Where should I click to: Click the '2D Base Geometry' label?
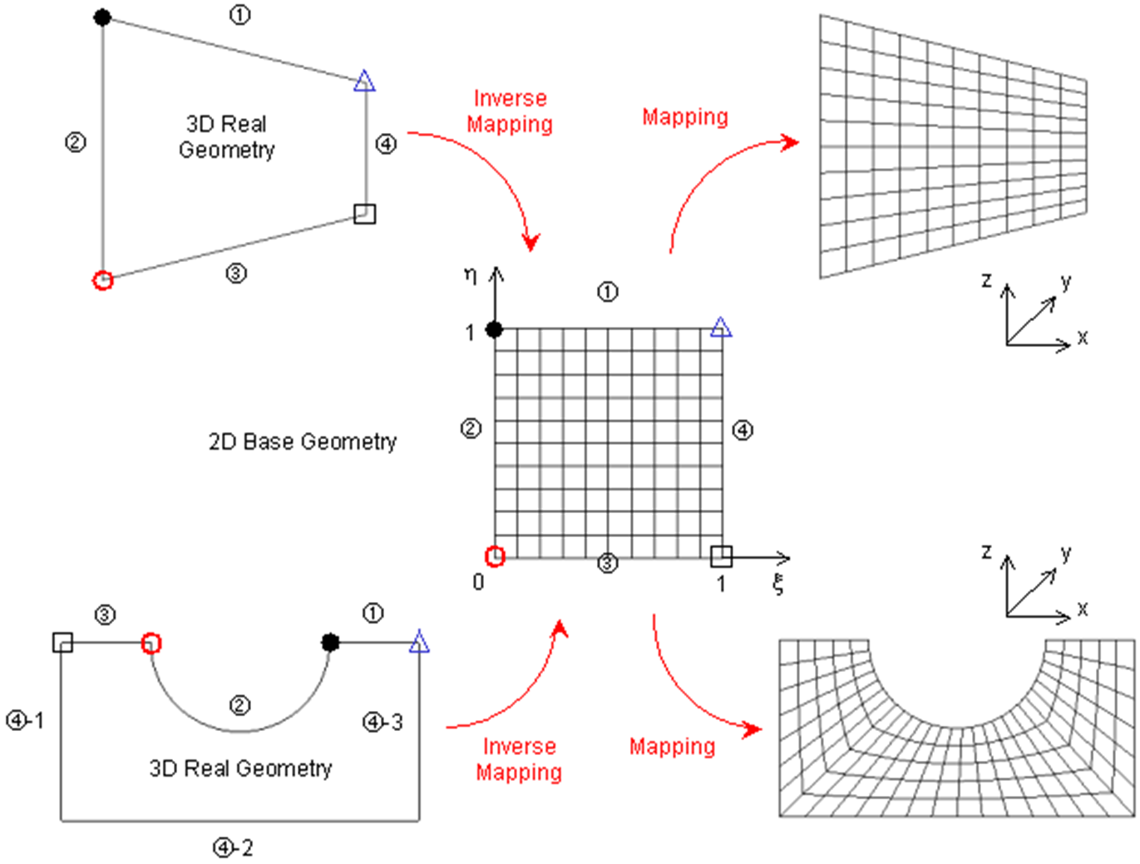pyautogui.click(x=303, y=442)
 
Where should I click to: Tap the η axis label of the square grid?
pyautogui.click(x=471, y=275)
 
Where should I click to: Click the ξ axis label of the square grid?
pyautogui.click(x=778, y=584)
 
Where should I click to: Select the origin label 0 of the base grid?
pyautogui.click(x=478, y=582)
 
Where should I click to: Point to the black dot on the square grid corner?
pyautogui.click(x=494, y=329)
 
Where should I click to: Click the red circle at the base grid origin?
pyautogui.click(x=495, y=556)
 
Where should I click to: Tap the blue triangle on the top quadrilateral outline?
pyautogui.click(x=364, y=81)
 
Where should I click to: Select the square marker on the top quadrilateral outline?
pyautogui.click(x=364, y=214)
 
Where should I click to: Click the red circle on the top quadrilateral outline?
pyautogui.click(x=102, y=280)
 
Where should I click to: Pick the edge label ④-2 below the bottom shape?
pyautogui.click(x=234, y=848)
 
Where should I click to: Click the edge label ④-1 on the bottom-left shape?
pyautogui.click(x=25, y=720)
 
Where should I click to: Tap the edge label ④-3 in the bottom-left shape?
pyautogui.click(x=382, y=722)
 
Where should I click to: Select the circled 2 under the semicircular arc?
pyautogui.click(x=239, y=705)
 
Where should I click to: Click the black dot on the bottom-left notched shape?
pyautogui.click(x=330, y=642)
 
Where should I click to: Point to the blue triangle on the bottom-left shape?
pyautogui.click(x=419, y=642)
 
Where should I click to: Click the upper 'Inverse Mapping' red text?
pyautogui.click(x=510, y=111)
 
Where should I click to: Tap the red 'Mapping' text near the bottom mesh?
pyautogui.click(x=672, y=747)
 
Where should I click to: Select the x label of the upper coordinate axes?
pyautogui.click(x=1082, y=337)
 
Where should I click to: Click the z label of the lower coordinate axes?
pyautogui.click(x=986, y=551)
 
